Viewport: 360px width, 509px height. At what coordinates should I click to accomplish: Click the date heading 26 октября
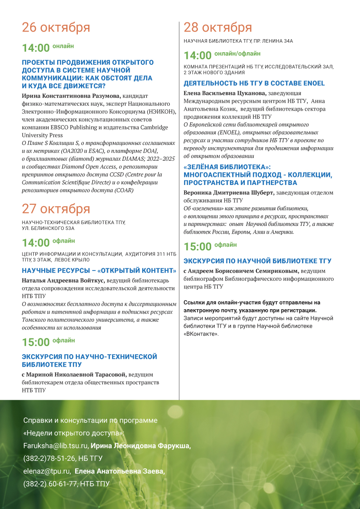click(x=56, y=27)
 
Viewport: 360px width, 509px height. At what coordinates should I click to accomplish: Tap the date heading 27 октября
click(x=56, y=209)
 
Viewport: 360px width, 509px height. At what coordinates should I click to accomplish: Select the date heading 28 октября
click(x=218, y=27)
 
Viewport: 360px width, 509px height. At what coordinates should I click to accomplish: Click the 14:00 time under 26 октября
click(x=36, y=48)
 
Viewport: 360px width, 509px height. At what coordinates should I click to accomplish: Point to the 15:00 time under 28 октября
click(x=198, y=247)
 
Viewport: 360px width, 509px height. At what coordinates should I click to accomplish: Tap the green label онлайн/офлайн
click(x=237, y=54)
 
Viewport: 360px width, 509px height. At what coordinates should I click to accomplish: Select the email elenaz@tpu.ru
click(x=47, y=471)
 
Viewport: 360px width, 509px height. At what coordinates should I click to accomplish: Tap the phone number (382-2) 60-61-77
click(x=49, y=484)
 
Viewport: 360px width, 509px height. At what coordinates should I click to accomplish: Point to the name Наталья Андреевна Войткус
click(x=63, y=280)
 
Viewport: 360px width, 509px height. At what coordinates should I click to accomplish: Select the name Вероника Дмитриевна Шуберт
click(x=229, y=193)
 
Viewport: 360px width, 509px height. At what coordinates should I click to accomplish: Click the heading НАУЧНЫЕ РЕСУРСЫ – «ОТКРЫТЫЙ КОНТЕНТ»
click(x=99, y=270)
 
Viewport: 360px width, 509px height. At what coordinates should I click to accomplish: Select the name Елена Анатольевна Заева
click(x=120, y=471)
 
